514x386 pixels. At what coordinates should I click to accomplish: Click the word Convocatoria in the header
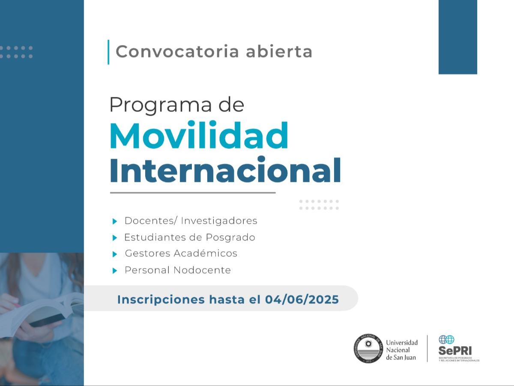coord(177,51)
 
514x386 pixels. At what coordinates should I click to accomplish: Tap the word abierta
coord(279,51)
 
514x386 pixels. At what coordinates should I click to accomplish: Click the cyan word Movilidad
coord(199,135)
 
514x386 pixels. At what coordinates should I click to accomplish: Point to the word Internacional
coord(225,170)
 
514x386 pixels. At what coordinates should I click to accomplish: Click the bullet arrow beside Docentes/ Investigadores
coord(115,221)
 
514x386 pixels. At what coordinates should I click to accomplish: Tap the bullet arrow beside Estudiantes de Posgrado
coord(115,238)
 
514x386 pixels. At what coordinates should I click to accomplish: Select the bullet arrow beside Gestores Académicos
coord(115,254)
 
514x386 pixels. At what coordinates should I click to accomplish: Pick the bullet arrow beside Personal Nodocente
coord(115,271)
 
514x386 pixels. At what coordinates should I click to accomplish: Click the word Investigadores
coord(219,221)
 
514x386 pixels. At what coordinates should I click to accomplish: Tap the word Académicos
coord(205,253)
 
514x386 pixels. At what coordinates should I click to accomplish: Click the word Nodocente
coord(202,270)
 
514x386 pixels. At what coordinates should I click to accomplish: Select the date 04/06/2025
coord(302,299)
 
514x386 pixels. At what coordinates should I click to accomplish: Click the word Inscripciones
coord(161,300)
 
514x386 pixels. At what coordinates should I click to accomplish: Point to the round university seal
coord(368,349)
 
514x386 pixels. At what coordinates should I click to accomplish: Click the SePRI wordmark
coord(455,350)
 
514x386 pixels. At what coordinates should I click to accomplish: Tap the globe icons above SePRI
coord(446,339)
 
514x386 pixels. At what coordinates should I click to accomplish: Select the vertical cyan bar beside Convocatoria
coord(108,52)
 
